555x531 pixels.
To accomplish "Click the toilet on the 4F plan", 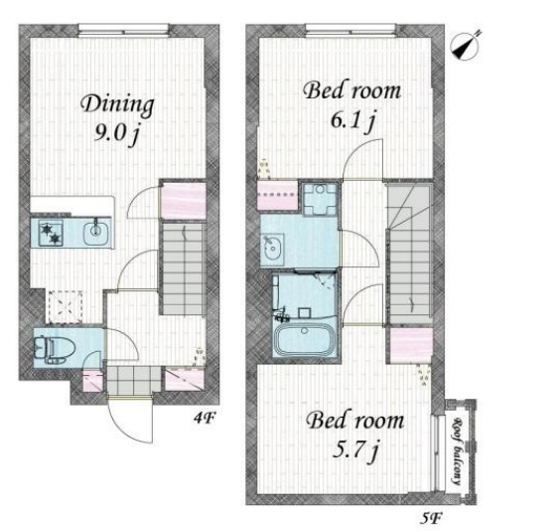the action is (55, 348).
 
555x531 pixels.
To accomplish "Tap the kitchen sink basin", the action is (95, 232).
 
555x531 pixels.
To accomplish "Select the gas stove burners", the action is (51, 233).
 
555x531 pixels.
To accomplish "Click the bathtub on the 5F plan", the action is (304, 338).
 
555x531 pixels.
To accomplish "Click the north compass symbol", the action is (465, 47).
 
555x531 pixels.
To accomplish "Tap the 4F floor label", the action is (205, 419).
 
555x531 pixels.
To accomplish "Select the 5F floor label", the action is (431, 519).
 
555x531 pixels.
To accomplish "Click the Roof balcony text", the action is (459, 451).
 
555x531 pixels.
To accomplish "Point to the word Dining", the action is (118, 104).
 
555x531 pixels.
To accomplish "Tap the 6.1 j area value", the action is (352, 121).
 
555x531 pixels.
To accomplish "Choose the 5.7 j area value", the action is (356, 450).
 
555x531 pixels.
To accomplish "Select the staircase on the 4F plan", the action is (183, 268).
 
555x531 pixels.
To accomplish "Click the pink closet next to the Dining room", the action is (184, 199).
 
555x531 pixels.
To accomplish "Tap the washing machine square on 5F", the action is (320, 199).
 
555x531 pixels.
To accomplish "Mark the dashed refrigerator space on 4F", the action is (66, 306).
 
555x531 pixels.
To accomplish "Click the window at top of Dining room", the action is (123, 30).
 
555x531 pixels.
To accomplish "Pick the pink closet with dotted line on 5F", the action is (278, 195).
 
